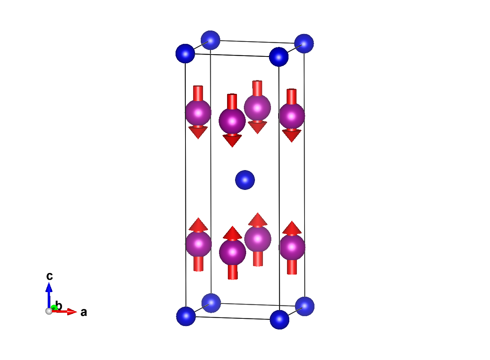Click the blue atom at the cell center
[245, 180]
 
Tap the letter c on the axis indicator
[50, 276]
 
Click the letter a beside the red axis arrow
[84, 312]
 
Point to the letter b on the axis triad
[59, 305]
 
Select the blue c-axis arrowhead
[49, 287]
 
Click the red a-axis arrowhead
[72, 312]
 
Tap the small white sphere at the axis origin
[49, 311]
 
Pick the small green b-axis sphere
[54, 307]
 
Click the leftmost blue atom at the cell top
[185, 53]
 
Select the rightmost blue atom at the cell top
[304, 43]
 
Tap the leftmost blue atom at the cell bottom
[186, 316]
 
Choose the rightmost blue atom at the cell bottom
[305, 307]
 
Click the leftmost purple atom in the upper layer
[198, 113]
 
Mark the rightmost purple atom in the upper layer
[292, 116]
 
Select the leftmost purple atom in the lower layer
[198, 244]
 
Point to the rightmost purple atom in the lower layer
[292, 247]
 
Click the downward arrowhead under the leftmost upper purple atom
[198, 132]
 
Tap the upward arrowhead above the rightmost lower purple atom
[292, 228]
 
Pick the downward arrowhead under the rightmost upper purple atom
[292, 136]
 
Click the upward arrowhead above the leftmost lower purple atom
[198, 224]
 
